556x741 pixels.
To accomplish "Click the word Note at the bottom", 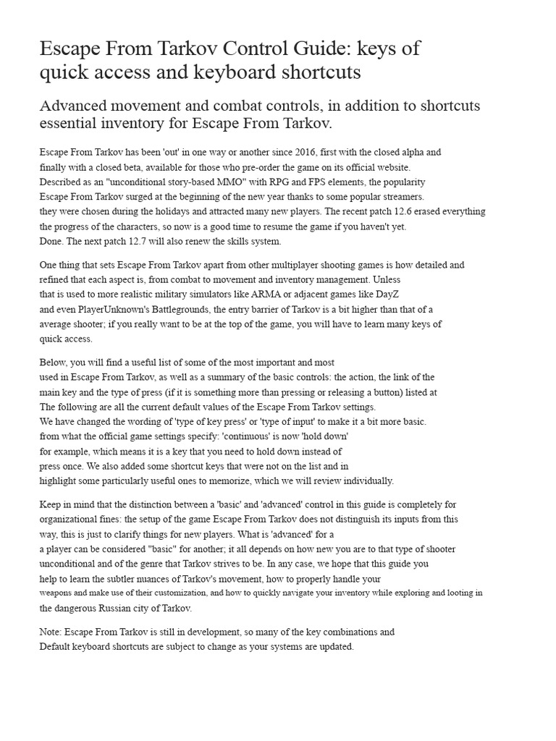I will (x=51, y=632).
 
